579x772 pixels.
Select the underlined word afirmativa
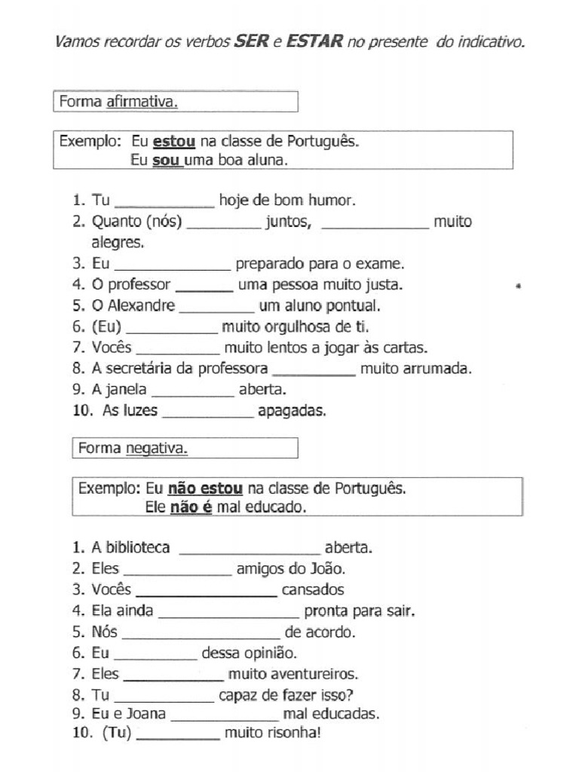coord(142,102)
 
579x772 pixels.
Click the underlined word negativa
coord(156,449)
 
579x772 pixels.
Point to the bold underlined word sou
coord(167,161)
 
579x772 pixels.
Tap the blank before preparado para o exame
coord(172,265)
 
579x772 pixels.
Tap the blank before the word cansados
coord(205,591)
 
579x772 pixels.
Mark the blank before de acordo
coord(201,633)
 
